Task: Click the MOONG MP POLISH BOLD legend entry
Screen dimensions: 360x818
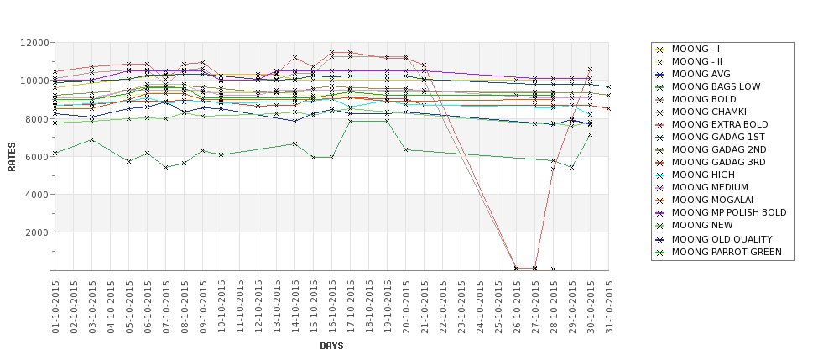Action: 729,213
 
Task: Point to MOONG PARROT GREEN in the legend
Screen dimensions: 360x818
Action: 727,251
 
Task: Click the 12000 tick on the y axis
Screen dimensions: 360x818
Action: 33,43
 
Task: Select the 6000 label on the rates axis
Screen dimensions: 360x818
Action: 35,157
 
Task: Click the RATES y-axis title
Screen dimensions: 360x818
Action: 12,157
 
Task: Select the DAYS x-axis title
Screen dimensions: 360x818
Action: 331,346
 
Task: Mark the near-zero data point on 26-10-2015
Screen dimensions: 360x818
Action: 517,269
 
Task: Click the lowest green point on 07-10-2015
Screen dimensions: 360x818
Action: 166,167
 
